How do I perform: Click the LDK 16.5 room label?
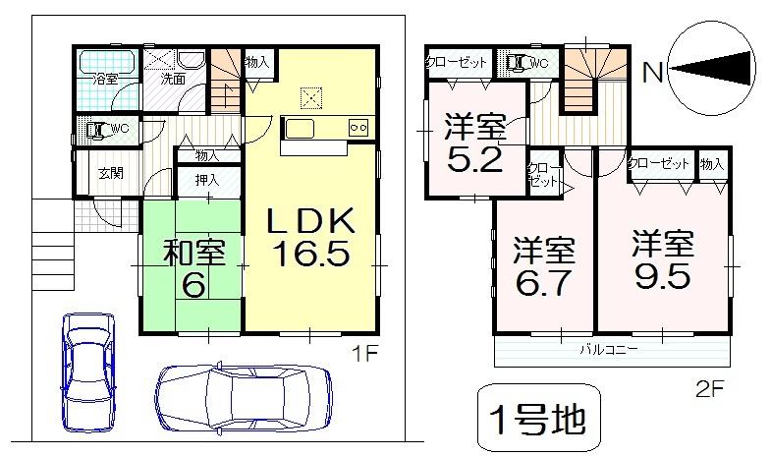310,239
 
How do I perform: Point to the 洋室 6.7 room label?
543,267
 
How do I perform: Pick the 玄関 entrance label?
109,174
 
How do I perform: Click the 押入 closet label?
206,181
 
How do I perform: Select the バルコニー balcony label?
609,349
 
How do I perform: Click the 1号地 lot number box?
536,419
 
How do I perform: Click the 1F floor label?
364,351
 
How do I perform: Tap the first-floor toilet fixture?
97,129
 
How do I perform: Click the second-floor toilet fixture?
516,62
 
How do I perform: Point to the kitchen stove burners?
358,127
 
